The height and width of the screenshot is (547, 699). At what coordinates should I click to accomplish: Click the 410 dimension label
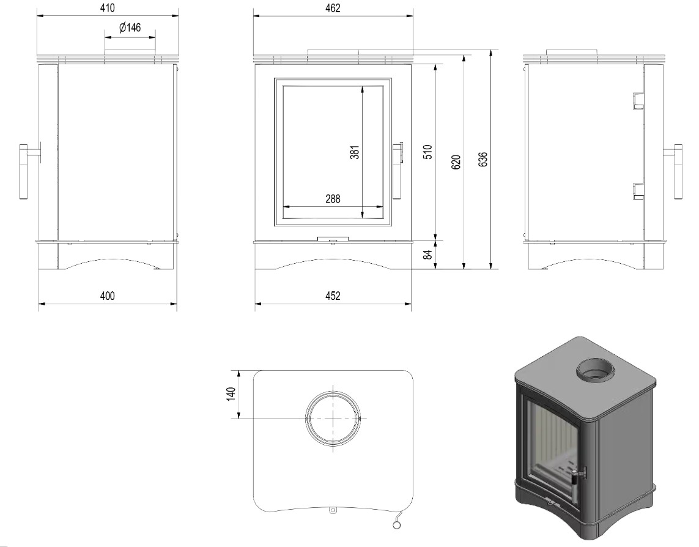pyautogui.click(x=108, y=8)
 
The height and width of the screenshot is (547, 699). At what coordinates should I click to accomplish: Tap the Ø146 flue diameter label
pyautogui.click(x=130, y=28)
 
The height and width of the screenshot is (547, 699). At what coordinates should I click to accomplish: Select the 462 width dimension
pyautogui.click(x=333, y=8)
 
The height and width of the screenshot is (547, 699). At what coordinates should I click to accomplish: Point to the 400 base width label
pyautogui.click(x=108, y=296)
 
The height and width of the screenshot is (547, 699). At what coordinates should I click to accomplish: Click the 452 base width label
pyautogui.click(x=333, y=296)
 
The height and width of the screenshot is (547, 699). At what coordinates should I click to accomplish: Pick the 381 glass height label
pyautogui.click(x=355, y=152)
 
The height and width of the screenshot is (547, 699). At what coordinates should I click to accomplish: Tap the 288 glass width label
pyautogui.click(x=333, y=198)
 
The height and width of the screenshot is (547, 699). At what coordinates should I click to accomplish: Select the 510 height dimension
pyautogui.click(x=427, y=152)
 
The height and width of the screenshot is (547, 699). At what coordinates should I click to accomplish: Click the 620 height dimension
pyautogui.click(x=456, y=162)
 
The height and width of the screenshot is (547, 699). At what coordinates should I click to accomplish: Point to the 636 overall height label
pyautogui.click(x=483, y=160)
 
